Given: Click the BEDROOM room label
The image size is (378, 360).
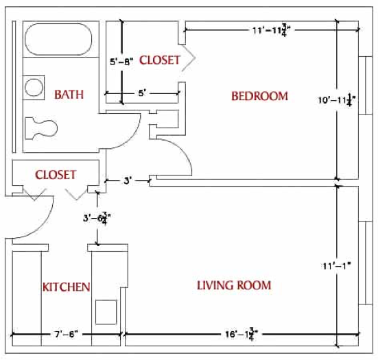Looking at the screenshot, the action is click(x=259, y=96).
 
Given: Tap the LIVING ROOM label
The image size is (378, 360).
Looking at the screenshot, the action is click(x=234, y=285).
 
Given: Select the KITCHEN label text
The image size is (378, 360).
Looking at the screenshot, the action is click(x=67, y=287).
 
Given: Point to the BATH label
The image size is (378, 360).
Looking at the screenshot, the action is click(x=69, y=94).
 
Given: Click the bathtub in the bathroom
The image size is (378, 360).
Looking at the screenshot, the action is click(x=58, y=39).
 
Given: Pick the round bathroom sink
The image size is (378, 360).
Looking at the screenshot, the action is click(x=34, y=88).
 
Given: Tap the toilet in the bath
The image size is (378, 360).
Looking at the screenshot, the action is click(x=41, y=128).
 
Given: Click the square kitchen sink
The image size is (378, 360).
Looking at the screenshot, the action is click(x=106, y=312).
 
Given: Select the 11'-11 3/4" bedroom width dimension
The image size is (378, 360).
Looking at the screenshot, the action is click(x=271, y=31).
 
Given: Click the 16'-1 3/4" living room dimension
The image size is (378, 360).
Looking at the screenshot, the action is click(x=241, y=334).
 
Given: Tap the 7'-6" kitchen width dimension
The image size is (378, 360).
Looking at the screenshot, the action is click(x=66, y=334).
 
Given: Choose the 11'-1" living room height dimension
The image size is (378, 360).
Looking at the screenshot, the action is click(x=337, y=266).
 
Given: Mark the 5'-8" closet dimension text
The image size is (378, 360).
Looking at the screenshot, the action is click(x=121, y=62).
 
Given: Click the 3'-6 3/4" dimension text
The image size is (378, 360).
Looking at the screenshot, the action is click(x=97, y=218).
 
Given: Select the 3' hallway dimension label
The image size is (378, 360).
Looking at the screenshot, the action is click(x=128, y=181).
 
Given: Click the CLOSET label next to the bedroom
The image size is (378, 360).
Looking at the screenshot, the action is click(x=160, y=60).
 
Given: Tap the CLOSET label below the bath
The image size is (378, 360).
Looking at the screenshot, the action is click(x=56, y=175).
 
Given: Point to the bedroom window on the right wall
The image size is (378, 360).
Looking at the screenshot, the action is click(x=366, y=85).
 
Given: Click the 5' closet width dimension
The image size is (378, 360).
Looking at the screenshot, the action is click(x=142, y=93).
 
